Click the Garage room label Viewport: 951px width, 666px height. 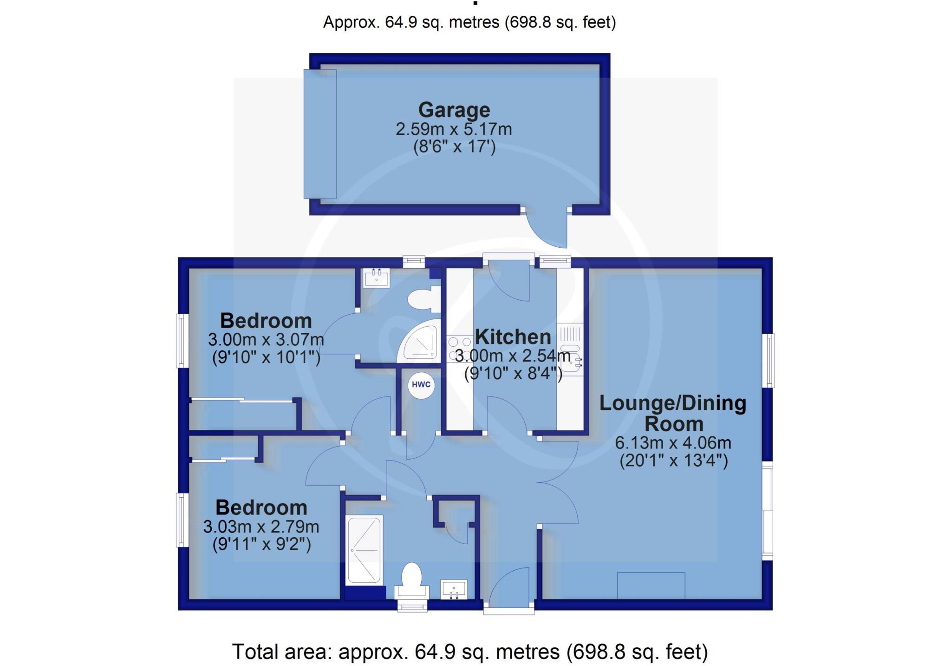click(454, 110)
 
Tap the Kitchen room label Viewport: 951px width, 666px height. click(513, 336)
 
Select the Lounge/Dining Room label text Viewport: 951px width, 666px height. click(673, 413)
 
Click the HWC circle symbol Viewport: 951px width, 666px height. click(421, 385)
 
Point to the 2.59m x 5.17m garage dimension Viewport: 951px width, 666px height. click(454, 129)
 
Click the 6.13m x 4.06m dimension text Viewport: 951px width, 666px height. click(673, 442)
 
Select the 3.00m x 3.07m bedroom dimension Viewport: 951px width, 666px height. click(266, 340)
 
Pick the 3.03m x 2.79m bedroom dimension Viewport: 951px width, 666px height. click(261, 527)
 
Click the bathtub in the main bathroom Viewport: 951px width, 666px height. click(365, 549)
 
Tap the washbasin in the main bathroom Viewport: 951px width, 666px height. click(454, 589)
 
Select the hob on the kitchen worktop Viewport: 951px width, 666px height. click(454, 349)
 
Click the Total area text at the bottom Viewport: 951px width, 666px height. click(469, 652)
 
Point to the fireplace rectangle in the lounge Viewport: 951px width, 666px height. click(651, 586)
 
